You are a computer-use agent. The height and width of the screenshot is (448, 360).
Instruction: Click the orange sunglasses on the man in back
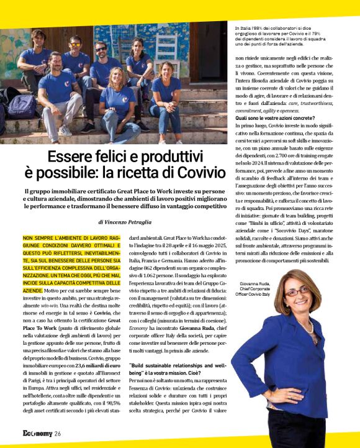[x=75, y=44]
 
